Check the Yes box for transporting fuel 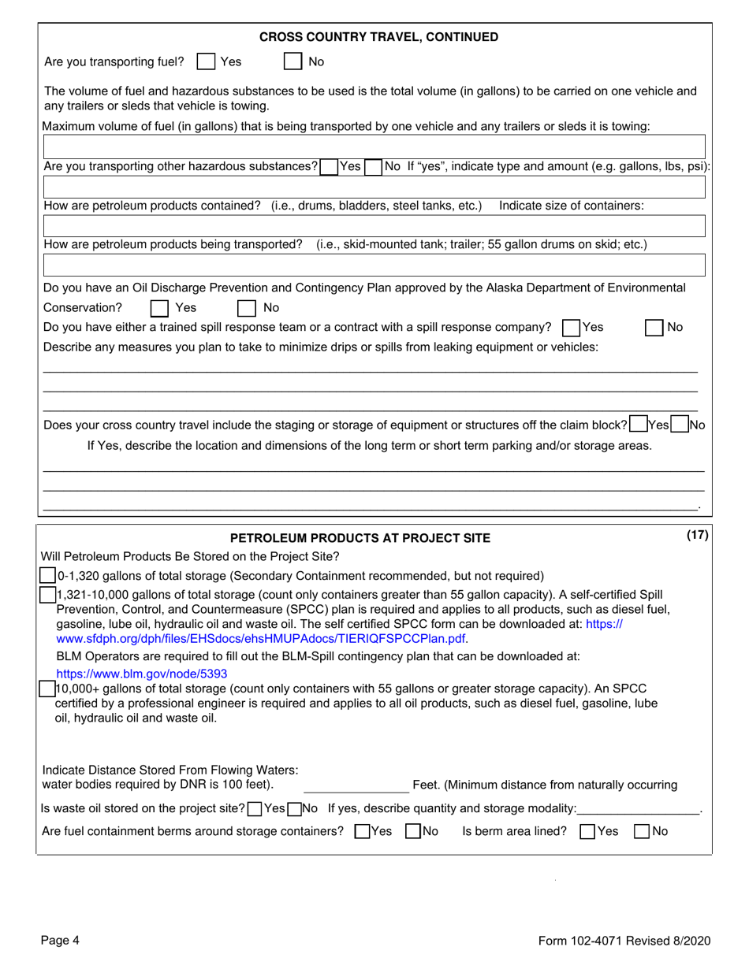(x=206, y=61)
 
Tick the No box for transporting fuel (x=293, y=61)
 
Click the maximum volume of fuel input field (x=374, y=147)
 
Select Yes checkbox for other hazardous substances (x=329, y=167)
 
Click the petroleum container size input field (x=374, y=226)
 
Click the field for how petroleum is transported (x=374, y=265)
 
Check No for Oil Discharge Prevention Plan (x=247, y=308)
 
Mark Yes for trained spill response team (x=572, y=328)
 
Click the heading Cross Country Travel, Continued (x=378, y=37)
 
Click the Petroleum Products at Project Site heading (x=360, y=538)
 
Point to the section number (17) (x=697, y=536)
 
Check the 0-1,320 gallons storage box (x=48, y=576)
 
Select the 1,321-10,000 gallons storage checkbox (x=48, y=595)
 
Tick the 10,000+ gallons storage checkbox (x=48, y=689)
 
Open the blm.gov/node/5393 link (x=142, y=674)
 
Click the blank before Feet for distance (x=355, y=785)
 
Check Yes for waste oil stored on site (x=255, y=808)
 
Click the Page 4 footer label (x=61, y=940)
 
